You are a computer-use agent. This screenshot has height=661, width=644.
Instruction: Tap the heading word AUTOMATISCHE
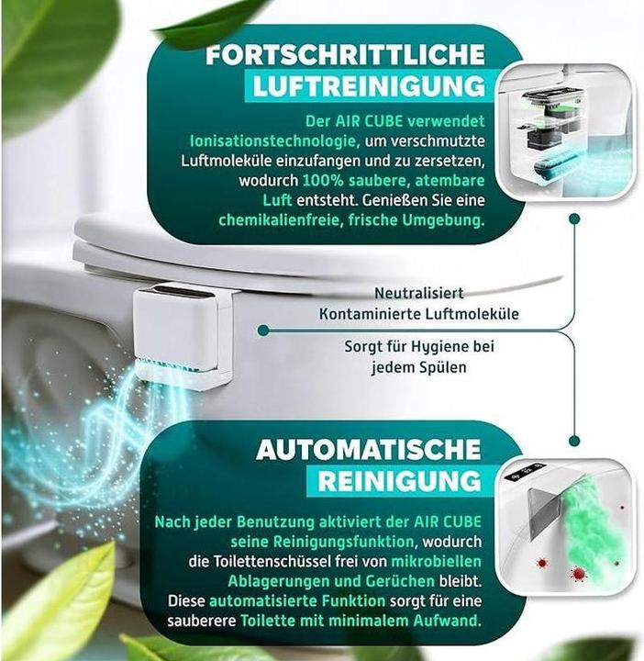368,450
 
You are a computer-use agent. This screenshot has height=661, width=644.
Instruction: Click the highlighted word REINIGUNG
399,481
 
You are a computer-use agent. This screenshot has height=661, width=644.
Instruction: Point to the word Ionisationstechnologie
261,140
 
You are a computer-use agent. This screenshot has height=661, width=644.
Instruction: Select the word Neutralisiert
419,294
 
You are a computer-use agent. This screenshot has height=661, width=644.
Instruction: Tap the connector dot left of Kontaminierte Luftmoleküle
263,329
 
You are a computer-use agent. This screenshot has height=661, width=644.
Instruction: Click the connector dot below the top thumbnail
574,219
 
